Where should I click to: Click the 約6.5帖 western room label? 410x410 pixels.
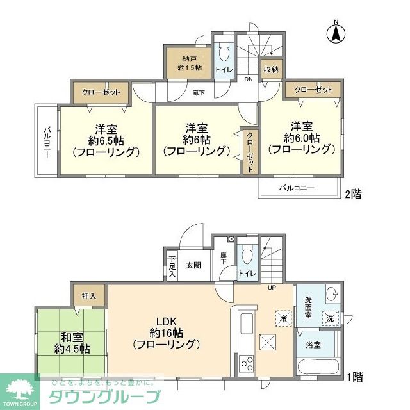pyautogui.click(x=106, y=139)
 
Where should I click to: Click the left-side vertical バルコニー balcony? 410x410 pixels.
pyautogui.click(x=47, y=142)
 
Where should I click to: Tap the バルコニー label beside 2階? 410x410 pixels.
pyautogui.click(x=297, y=188)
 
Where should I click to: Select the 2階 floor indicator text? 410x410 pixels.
pyautogui.click(x=353, y=193)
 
